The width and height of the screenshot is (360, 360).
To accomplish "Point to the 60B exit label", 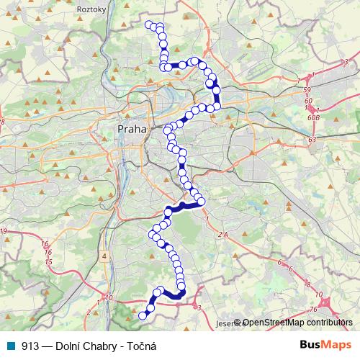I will pos(312,116).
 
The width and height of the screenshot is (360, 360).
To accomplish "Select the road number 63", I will pos(312,140).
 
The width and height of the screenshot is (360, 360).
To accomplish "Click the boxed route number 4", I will pos(104,256).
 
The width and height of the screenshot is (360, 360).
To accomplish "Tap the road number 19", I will pos(4,231).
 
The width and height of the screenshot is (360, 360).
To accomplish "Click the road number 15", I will pos(48,261).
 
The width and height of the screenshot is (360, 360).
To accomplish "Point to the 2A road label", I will pos(222,235).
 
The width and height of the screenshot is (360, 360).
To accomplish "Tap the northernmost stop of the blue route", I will pos(150,25).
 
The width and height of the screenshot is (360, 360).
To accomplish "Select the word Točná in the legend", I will pos(140,346).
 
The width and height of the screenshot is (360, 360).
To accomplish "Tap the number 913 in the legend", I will pos(30,346).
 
